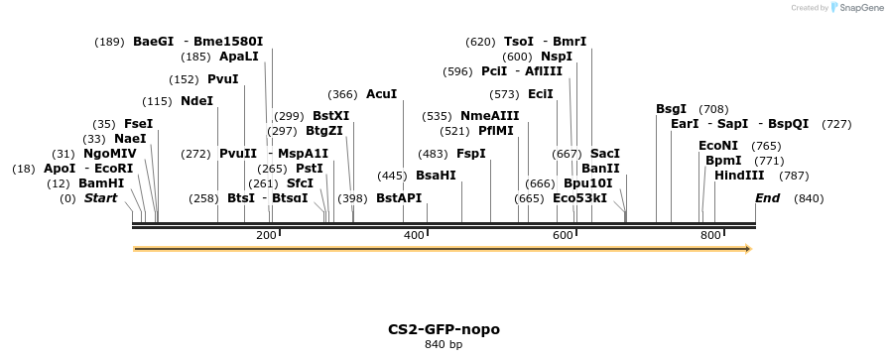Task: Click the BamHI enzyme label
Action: point(101,183)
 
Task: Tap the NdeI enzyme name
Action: point(196,101)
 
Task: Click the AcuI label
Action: point(381,94)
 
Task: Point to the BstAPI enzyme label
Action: point(399,198)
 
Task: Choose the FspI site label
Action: point(470,154)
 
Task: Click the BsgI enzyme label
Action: point(671,109)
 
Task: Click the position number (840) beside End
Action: point(809,198)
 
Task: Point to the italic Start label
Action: point(100,198)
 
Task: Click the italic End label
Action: point(767,198)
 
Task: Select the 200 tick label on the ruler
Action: point(266,235)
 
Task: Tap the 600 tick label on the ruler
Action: point(563,235)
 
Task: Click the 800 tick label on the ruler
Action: point(710,235)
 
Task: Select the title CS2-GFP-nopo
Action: point(444,328)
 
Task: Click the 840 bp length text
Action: point(444,344)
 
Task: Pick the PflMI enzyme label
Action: point(496,131)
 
